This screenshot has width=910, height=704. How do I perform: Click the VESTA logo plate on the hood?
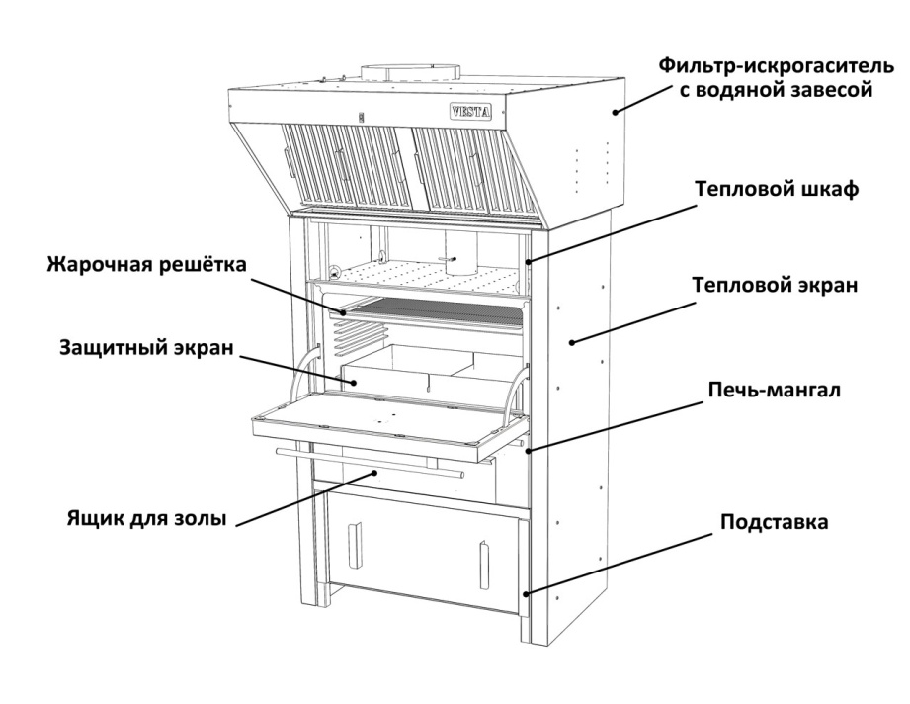(x=470, y=111)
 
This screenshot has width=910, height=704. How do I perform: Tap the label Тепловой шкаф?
(x=777, y=190)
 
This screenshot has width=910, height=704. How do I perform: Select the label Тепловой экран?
(x=775, y=285)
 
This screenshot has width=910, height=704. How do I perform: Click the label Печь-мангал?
(x=775, y=390)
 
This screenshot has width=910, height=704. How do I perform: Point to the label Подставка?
(x=775, y=522)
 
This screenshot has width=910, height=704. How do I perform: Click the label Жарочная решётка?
(x=147, y=265)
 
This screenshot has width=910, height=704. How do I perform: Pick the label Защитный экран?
(x=146, y=347)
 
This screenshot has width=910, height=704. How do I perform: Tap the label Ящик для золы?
(x=146, y=517)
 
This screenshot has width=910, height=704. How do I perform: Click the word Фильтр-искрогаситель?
(x=777, y=65)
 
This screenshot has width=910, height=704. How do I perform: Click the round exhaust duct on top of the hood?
(x=411, y=71)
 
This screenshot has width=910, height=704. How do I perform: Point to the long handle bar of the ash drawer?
(x=371, y=463)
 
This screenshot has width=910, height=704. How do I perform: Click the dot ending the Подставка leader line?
(x=526, y=593)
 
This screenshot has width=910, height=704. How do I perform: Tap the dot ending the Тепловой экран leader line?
(x=572, y=342)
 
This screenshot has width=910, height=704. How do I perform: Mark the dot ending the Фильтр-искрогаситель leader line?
(x=615, y=112)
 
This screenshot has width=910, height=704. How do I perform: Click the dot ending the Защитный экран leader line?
(x=353, y=382)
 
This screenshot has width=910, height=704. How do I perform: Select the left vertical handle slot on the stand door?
(x=354, y=545)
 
